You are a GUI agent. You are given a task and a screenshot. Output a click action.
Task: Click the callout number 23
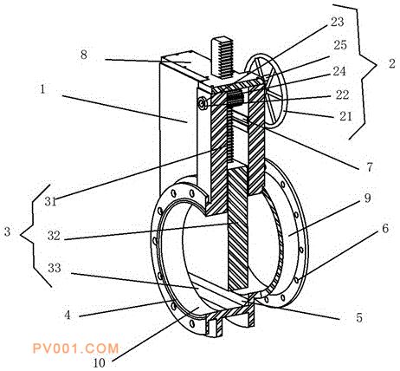pos(337,22)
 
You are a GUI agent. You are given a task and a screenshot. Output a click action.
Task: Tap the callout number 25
pos(340,45)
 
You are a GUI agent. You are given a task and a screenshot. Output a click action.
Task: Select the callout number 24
pos(339,71)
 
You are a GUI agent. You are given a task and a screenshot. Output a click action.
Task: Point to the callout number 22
pos(342,95)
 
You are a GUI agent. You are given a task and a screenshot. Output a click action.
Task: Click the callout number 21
pos(345,116)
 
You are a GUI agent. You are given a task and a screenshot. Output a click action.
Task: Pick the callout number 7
pos(370,167)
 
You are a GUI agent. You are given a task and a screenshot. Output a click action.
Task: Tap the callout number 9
pos(367,199)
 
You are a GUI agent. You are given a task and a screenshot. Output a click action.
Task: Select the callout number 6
pos(385,229)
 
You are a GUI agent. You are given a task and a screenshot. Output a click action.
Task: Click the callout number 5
pos(358,317)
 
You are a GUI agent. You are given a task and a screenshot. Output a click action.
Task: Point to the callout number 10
pos(99,363)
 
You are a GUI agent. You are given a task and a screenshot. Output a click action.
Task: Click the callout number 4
pos(68,315)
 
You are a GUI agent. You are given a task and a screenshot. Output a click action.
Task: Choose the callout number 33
pos(55,268)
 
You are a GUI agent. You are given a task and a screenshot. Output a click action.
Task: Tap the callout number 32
pos(54,236)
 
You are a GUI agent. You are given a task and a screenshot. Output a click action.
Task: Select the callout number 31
pos(51,201)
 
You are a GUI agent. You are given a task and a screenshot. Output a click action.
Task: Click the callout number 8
pos(84,55)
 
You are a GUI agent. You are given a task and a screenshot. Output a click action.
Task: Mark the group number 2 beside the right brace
pos(391,64)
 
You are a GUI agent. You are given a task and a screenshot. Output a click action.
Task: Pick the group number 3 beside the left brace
pos(7,231)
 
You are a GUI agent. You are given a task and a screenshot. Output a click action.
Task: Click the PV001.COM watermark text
pos(75,348)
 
